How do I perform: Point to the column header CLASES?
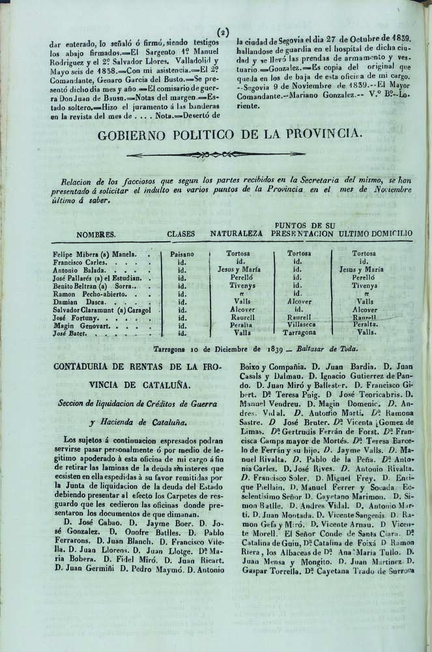181,233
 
